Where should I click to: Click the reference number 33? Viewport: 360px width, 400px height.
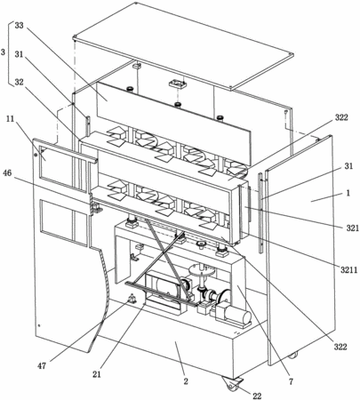pos(19,26)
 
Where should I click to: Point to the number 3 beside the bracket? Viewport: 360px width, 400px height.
pos(3,52)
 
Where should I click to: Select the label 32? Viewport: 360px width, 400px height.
pos(19,82)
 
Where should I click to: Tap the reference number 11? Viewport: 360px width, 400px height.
pos(10,119)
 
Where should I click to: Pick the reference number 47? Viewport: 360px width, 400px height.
pos(42,366)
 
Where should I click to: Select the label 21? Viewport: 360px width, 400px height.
pos(97,374)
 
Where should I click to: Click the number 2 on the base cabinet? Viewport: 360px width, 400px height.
pos(186,381)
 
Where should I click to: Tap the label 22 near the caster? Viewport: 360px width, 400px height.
pos(257,396)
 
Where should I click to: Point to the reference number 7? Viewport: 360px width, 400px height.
pos(291,382)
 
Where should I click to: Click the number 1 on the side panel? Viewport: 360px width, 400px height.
pos(348,193)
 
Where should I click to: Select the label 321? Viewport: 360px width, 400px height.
pos(353,228)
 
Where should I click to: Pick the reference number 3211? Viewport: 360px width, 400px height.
pos(348,270)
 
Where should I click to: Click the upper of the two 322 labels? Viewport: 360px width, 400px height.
pos(341,117)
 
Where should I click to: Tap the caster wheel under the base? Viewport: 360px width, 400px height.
pos(230,384)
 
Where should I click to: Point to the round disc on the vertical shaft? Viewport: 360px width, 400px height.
pos(202,270)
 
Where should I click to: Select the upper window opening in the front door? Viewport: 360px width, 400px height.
pos(63,166)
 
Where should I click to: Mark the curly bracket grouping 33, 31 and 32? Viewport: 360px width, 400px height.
pos(10,53)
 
